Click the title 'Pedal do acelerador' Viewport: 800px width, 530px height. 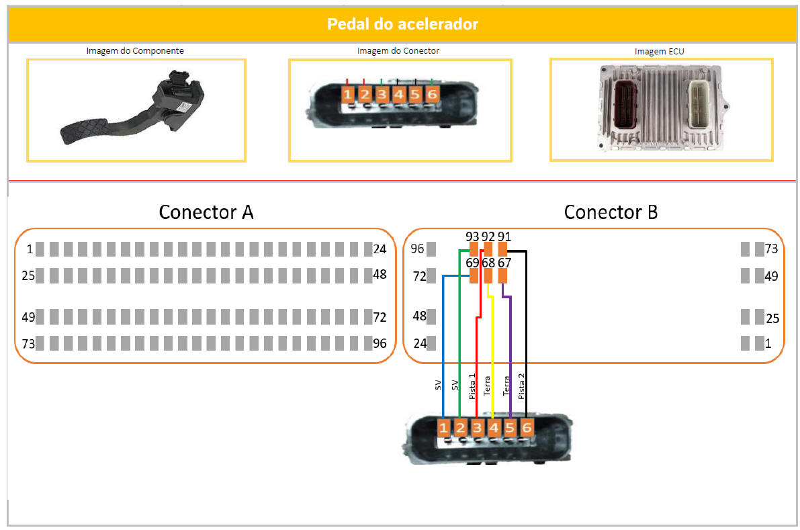[402, 24]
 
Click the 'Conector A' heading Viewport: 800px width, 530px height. [206, 212]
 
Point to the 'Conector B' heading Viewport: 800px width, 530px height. [611, 212]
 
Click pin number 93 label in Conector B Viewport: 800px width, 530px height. [472, 237]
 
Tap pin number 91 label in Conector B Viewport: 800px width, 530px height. [504, 237]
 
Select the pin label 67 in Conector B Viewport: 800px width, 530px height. [504, 262]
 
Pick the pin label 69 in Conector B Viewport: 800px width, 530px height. [472, 262]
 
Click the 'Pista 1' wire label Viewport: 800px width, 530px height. [472, 386]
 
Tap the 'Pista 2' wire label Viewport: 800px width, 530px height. [521, 386]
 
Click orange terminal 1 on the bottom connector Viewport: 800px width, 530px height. [443, 428]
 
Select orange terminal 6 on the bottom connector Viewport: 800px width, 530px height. [526, 428]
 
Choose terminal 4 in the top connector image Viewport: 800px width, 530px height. [398, 95]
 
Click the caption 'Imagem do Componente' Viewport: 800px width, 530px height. [135, 50]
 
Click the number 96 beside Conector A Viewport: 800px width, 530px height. [381, 343]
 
